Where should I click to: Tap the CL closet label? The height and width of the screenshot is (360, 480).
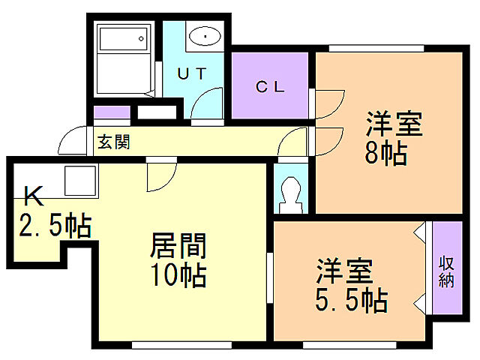(x=270, y=86)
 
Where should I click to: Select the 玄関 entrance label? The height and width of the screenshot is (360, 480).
(x=114, y=142)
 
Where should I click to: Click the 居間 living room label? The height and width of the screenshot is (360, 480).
(x=178, y=246)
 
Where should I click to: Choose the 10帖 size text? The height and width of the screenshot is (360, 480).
(x=178, y=276)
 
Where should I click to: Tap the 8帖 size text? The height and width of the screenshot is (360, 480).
(x=385, y=154)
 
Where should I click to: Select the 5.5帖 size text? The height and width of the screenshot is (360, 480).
(x=349, y=300)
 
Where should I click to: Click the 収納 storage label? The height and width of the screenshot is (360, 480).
(x=447, y=271)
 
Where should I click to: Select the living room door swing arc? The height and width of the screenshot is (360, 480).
(x=159, y=176)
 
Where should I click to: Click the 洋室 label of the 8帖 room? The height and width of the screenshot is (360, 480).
(x=393, y=123)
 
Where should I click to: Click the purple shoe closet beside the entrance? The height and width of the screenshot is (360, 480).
(x=112, y=113)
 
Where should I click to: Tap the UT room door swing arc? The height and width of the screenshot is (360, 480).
(x=208, y=103)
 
